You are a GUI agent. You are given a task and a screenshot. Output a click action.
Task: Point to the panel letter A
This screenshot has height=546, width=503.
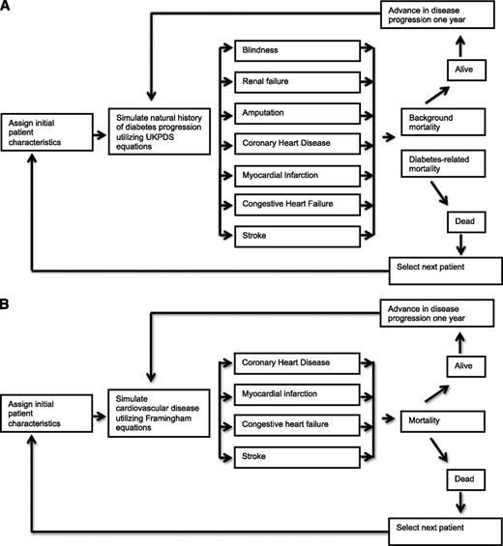pos(8,9)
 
